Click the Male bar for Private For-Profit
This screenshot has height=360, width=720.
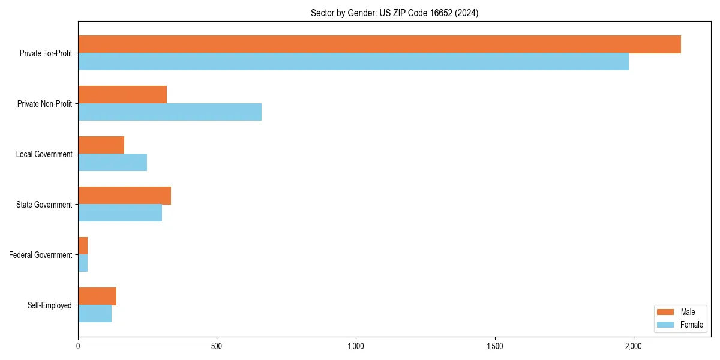[x=379, y=44]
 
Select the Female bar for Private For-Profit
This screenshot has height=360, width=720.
[x=353, y=62]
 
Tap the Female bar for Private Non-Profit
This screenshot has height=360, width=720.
[x=170, y=112]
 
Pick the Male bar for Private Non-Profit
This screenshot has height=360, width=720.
[x=122, y=95]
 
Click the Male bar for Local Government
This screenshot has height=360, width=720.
[x=101, y=145]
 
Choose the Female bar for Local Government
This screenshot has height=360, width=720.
[x=112, y=163]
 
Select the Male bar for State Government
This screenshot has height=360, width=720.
[x=124, y=196]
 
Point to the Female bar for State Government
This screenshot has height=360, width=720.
[x=120, y=213]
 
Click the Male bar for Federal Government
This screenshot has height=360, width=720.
[x=83, y=246]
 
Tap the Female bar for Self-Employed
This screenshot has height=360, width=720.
[x=95, y=314]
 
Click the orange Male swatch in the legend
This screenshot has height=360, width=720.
[x=666, y=312]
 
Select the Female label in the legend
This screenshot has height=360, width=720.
[x=691, y=325]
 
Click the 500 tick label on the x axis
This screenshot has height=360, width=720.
[x=217, y=346]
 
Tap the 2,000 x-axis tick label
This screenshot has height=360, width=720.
[x=634, y=346]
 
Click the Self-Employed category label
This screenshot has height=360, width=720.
[x=49, y=305]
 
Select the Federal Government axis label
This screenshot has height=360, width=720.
[x=40, y=255]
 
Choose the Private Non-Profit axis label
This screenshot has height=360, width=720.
[x=44, y=104]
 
